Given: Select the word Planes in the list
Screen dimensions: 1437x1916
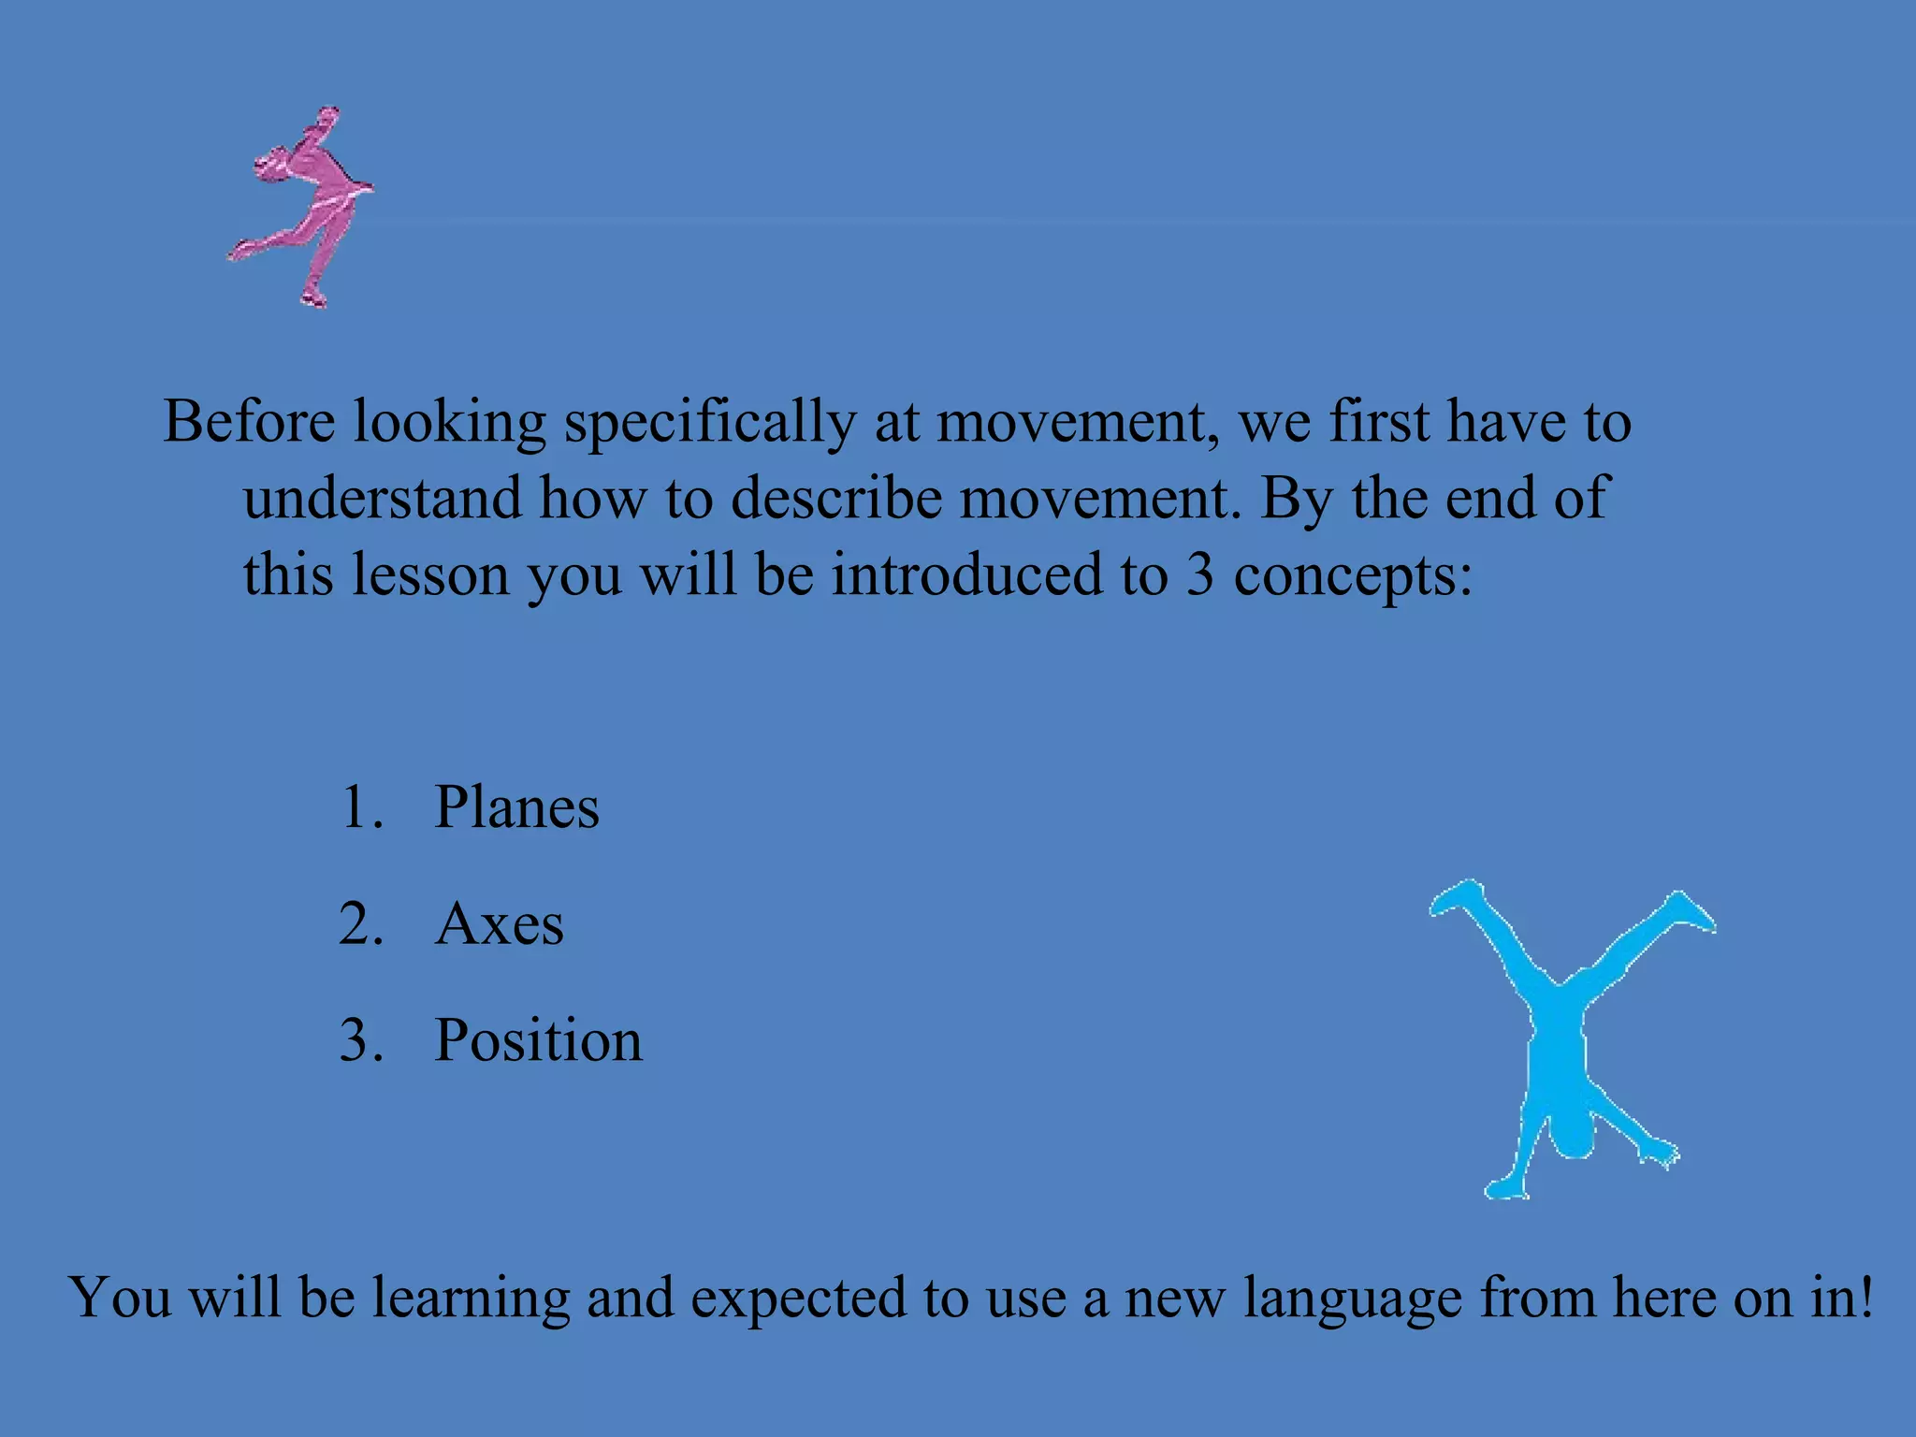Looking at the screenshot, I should coord(516,807).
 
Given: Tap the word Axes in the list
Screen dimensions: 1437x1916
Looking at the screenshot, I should coord(500,924).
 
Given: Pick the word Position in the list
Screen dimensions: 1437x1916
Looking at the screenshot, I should coord(539,1040).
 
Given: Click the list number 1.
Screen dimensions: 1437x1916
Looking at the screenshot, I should coord(360,807).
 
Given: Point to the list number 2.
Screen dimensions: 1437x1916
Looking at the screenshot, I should coord(360,924).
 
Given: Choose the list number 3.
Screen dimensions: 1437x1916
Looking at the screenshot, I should coord(360,1040).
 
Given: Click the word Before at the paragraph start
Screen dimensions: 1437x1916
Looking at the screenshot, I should coord(249,421).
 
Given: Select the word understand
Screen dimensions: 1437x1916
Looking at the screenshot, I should coord(382,498).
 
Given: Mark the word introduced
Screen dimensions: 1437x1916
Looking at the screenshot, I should coord(966,574).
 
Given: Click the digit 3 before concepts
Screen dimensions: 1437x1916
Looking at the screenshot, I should coord(1200,574).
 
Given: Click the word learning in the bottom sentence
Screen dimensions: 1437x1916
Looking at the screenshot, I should coord(471,1299).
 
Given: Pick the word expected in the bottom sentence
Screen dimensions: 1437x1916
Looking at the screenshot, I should coord(798,1299).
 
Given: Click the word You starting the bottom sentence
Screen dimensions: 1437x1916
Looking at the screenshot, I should coord(120,1298).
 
